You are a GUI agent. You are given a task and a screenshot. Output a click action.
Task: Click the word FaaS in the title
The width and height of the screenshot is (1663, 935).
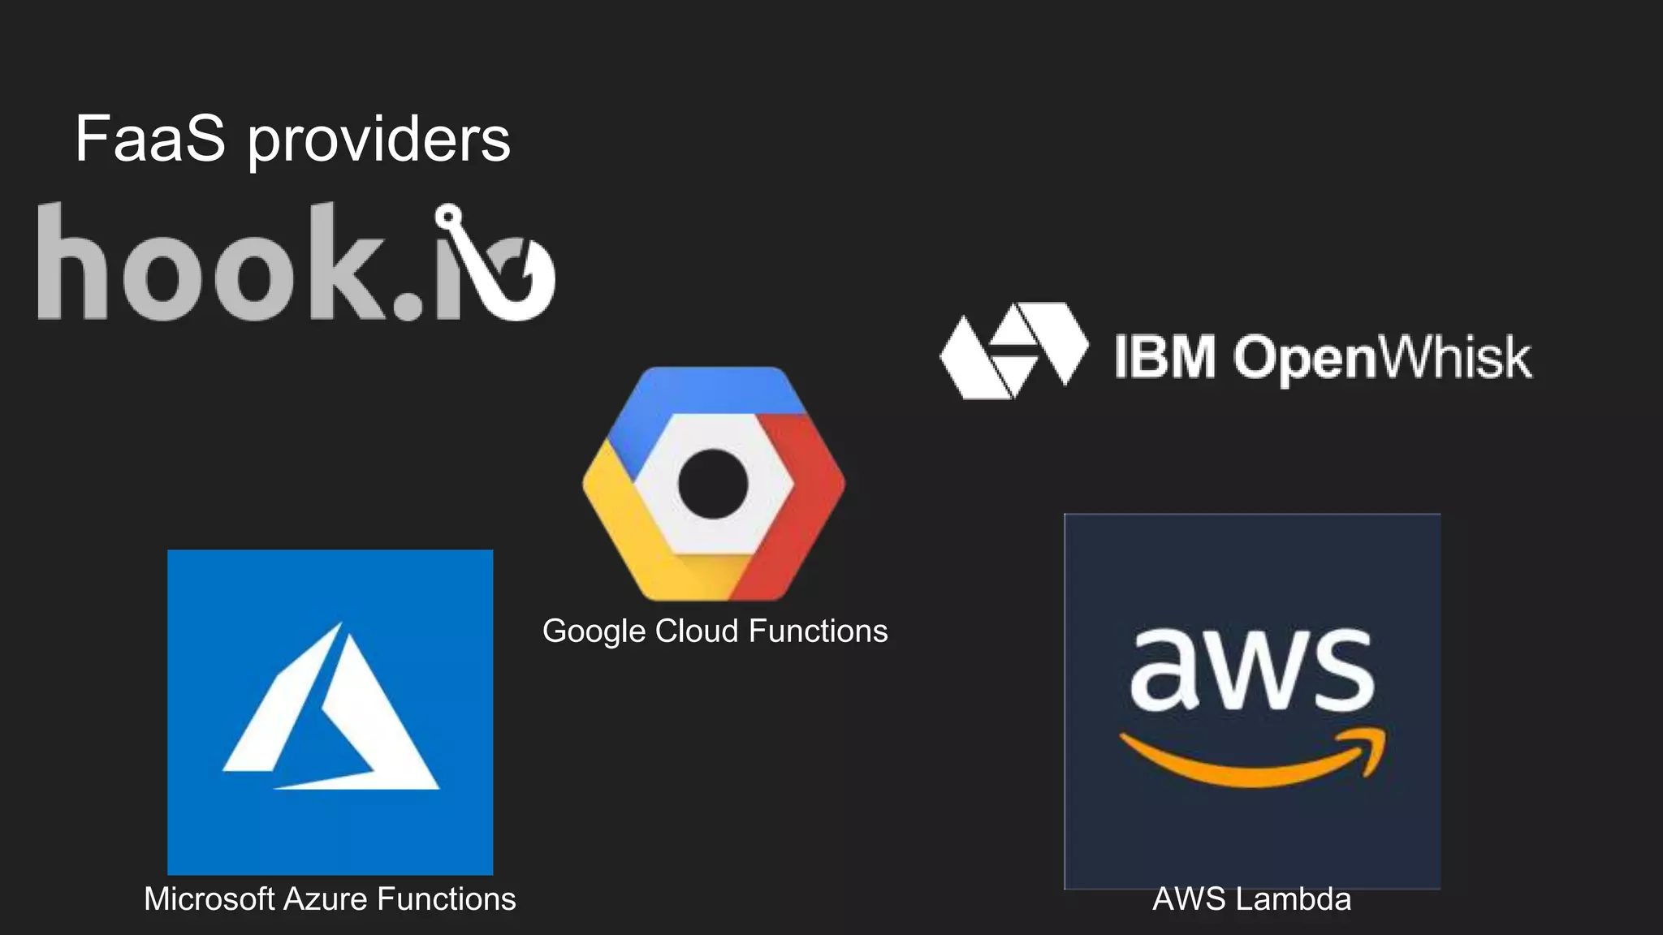click(149, 139)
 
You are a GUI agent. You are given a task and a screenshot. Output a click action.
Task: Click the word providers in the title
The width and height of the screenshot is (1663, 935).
click(378, 140)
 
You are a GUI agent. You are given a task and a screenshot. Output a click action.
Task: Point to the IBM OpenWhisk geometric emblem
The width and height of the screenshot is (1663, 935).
click(1013, 351)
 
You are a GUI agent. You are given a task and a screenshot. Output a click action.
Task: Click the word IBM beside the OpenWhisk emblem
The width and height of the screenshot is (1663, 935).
click(1164, 356)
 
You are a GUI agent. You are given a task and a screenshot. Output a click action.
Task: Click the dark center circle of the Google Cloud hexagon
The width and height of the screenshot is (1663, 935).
click(712, 484)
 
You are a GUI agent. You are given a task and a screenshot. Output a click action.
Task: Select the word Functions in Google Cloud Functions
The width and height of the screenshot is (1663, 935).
click(818, 631)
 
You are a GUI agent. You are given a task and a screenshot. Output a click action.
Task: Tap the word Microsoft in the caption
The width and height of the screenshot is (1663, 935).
click(209, 899)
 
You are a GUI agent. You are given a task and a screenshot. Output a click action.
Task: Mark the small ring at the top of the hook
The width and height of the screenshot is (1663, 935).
click(448, 217)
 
